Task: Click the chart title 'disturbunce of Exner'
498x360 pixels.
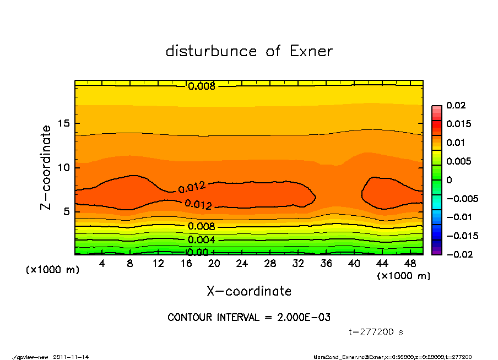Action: point(249,51)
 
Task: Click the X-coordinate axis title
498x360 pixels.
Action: point(249,291)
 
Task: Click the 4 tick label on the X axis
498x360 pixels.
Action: point(102,264)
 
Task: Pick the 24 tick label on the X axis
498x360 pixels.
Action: point(242,264)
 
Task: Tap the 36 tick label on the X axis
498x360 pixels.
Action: point(327,264)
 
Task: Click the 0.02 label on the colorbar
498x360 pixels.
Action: point(456,105)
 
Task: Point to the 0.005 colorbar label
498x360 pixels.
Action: point(458,161)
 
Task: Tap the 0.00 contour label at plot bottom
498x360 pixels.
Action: point(197,253)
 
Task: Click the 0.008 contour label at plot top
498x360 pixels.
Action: point(201,86)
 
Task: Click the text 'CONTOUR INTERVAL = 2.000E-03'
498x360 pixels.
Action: point(249,318)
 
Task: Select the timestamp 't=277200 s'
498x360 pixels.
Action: point(376,332)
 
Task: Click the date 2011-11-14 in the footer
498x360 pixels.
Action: point(71,357)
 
